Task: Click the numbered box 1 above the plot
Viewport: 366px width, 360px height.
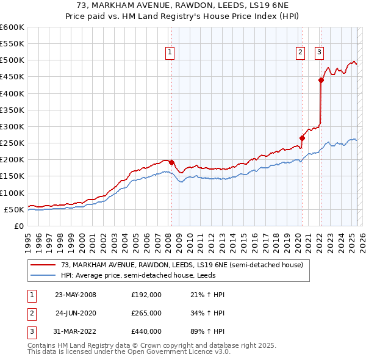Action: tap(169, 53)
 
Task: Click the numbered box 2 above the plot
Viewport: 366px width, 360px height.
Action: tap(301, 53)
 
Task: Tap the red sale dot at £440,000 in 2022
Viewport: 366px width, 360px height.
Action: tap(321, 80)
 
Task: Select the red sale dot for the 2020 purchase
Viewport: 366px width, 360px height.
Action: tap(302, 138)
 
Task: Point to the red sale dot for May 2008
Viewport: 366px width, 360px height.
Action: tap(171, 162)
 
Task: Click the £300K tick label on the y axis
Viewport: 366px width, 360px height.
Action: tap(12, 126)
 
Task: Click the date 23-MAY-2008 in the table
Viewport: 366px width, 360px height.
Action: tap(76, 295)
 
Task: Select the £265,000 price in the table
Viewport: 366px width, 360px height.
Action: tap(146, 313)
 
